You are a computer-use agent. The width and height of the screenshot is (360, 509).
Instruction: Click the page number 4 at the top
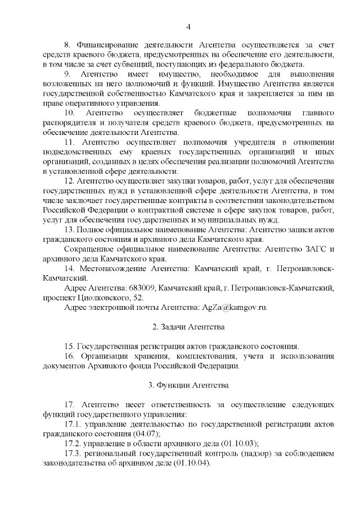[188, 27]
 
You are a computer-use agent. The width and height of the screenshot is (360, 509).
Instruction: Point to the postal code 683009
[141, 288]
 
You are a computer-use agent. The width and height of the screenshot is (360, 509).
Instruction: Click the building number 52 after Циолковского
[138, 298]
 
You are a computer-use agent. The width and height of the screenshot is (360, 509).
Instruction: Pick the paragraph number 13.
[70, 230]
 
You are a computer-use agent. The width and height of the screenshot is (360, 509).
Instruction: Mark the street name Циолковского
[102, 298]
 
